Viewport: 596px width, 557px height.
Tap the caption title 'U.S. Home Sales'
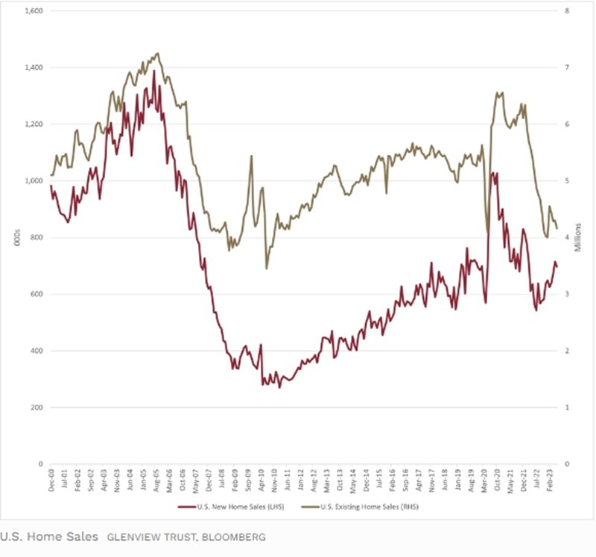[48, 536]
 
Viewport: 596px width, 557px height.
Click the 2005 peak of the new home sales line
[154, 71]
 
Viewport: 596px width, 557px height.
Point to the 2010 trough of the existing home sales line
[266, 268]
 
